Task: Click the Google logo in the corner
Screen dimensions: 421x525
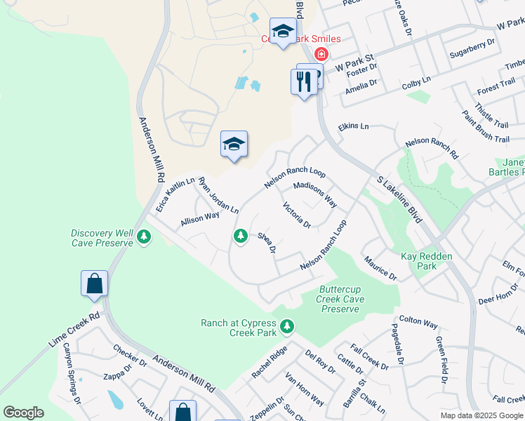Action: [23, 413]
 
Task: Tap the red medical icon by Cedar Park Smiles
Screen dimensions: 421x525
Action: [321, 54]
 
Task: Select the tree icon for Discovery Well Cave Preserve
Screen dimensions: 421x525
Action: [144, 237]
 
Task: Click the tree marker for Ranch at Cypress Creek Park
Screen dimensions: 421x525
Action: [286, 326]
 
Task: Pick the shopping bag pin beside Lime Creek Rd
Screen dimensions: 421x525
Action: [94, 284]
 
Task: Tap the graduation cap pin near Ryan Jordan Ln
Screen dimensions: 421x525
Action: [234, 145]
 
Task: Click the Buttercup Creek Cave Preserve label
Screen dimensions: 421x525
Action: [342, 299]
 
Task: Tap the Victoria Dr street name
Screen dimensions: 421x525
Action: [296, 215]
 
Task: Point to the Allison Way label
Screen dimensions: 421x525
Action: [200, 218]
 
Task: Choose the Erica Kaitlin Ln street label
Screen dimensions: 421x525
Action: [166, 196]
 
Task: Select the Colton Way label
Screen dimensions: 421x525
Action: [418, 322]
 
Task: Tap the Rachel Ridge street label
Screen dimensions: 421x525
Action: [270, 362]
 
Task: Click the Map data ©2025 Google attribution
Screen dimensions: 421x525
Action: [482, 415]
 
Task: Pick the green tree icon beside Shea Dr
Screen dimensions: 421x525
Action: [241, 236]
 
